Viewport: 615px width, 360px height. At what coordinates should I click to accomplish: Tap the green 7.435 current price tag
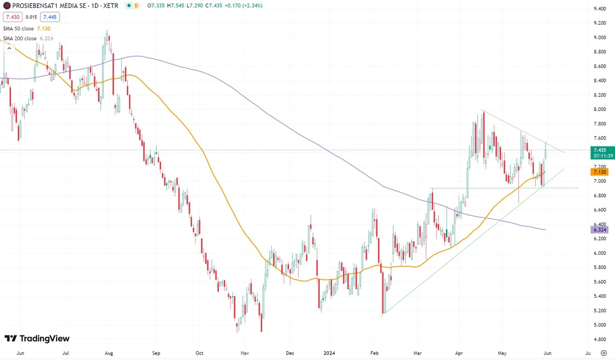pyautogui.click(x=600, y=150)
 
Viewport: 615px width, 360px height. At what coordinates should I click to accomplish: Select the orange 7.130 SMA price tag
pyautogui.click(x=600, y=174)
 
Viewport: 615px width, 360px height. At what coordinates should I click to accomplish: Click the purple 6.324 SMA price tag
pyautogui.click(x=600, y=230)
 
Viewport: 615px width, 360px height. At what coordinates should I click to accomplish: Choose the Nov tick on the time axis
pyautogui.click(x=244, y=354)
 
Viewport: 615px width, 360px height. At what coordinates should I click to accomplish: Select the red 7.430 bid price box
pyautogui.click(x=13, y=17)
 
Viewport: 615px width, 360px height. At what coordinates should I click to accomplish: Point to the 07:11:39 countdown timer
pyautogui.click(x=600, y=156)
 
